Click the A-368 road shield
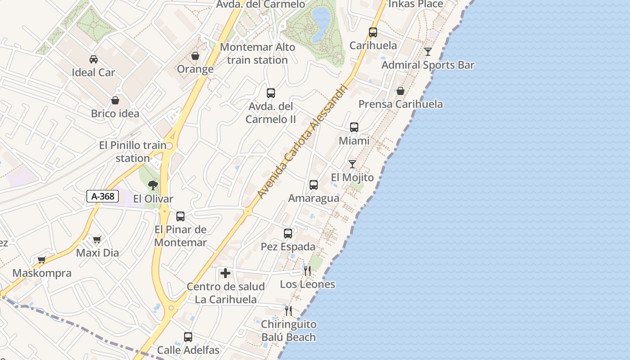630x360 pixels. tap(103, 196)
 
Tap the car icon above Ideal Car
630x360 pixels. tap(94, 59)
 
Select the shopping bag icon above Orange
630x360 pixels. tap(195, 56)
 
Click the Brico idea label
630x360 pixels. tap(115, 113)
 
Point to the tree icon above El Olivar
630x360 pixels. tap(153, 185)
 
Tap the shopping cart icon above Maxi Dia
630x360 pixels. tap(97, 239)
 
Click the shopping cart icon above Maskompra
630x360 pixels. tap(42, 260)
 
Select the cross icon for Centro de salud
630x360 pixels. tap(225, 273)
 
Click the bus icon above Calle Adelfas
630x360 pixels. tap(188, 337)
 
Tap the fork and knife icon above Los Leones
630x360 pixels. tap(307, 271)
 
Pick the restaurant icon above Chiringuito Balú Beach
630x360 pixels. tap(288, 310)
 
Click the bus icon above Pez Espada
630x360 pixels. tap(288, 234)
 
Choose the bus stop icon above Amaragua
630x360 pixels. tap(314, 185)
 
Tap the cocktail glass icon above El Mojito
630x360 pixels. tap(352, 164)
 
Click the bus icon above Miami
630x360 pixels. tap(354, 127)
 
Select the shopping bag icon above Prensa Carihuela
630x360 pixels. tap(400, 91)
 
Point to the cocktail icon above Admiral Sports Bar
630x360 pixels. tap(428, 52)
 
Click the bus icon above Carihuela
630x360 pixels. tap(373, 32)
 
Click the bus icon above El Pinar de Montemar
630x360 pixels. tap(180, 216)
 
